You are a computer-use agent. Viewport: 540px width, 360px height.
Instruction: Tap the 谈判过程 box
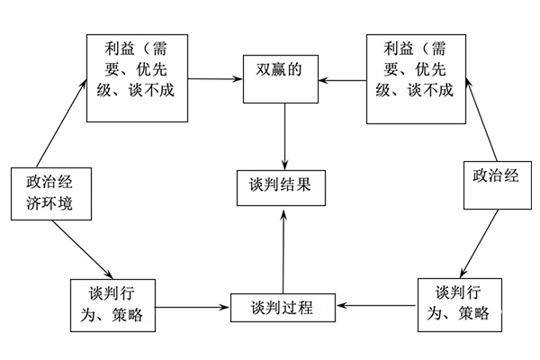[x=283, y=306]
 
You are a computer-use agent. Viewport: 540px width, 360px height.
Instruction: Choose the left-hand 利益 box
[x=137, y=77]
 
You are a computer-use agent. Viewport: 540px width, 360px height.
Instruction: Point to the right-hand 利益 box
[x=417, y=77]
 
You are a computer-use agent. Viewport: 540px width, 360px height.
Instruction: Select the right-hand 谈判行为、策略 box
[x=454, y=305]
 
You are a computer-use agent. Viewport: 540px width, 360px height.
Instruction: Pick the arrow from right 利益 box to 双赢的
[x=345, y=79]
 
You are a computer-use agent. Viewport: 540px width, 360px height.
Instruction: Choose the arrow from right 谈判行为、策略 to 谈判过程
[x=377, y=306]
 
